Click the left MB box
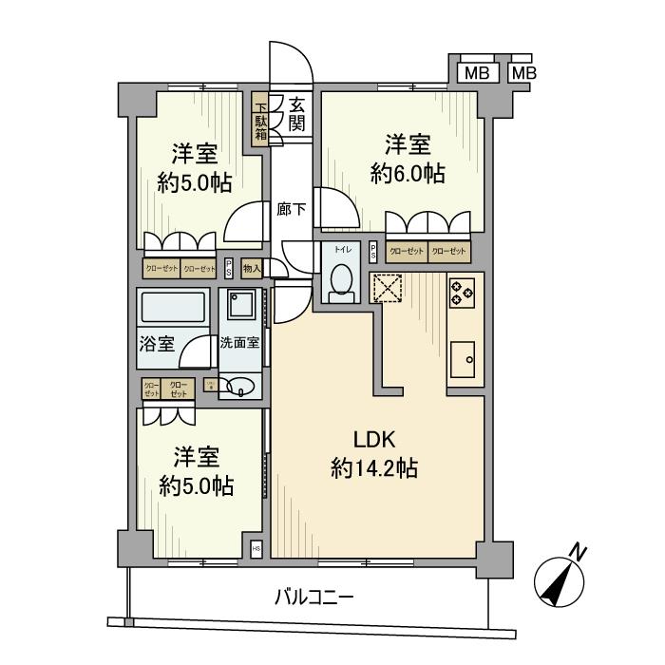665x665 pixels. coord(478,73)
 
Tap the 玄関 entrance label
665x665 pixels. coord(296,113)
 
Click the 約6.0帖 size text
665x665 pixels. coord(408,174)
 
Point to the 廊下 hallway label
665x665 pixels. coord(291,210)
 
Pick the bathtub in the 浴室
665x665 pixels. coord(173,310)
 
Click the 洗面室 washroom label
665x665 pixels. coord(239,344)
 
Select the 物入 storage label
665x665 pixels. coord(252,269)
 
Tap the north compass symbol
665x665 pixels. coord(560,577)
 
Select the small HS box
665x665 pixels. coord(256,549)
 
